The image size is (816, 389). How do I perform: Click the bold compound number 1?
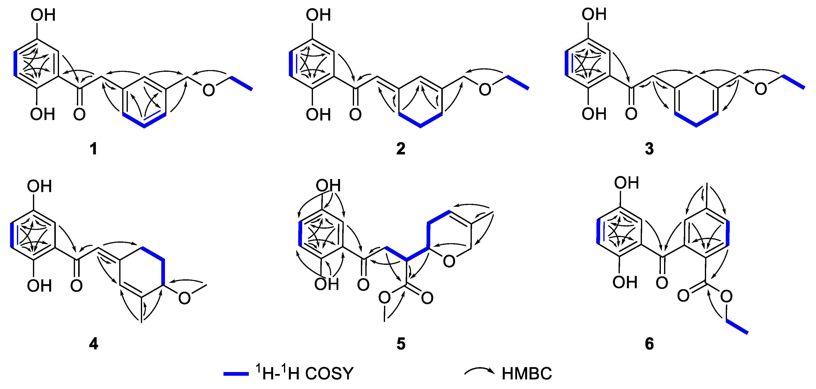coord(93,149)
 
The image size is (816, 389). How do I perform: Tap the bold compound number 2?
coord(401,149)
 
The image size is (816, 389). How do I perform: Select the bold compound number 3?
coord(649,149)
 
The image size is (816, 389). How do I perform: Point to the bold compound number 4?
coord(93,344)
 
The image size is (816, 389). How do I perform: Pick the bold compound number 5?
coord(401,344)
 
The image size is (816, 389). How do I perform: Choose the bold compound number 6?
coord(649,344)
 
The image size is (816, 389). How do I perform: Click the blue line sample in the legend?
coord(236,374)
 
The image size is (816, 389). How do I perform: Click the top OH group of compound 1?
coord(43,15)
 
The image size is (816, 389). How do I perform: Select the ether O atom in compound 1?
coord(208,90)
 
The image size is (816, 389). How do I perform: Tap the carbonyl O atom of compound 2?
coord(355,114)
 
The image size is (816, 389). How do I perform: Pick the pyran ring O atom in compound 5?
coord(449,261)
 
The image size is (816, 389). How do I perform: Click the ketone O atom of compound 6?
coord(662,283)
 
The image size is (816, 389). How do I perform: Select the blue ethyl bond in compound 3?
coord(794,82)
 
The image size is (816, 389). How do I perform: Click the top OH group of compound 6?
coord(626,183)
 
